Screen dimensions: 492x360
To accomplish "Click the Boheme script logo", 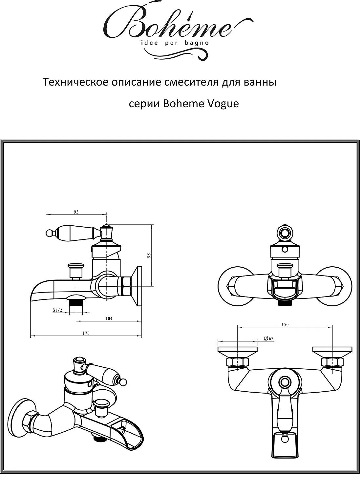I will [x=167, y=26].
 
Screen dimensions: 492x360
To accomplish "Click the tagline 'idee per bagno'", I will [x=175, y=43].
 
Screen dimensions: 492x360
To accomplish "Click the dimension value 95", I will [x=76, y=212].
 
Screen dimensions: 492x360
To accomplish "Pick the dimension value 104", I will [x=109, y=318].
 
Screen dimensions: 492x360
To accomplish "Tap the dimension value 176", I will [x=86, y=333].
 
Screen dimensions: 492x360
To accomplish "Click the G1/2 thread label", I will [x=57, y=310].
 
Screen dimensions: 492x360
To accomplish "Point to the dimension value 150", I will [x=285, y=324].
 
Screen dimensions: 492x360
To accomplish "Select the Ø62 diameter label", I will [x=268, y=338].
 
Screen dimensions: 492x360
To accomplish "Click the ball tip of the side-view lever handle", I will [x=49, y=233].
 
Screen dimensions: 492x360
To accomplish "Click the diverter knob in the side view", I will [x=76, y=267].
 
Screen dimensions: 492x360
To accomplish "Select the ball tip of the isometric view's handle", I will [x=123, y=382].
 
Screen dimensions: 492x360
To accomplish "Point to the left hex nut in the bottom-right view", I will [x=237, y=362].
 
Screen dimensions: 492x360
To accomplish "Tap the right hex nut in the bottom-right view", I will [x=332, y=362].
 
